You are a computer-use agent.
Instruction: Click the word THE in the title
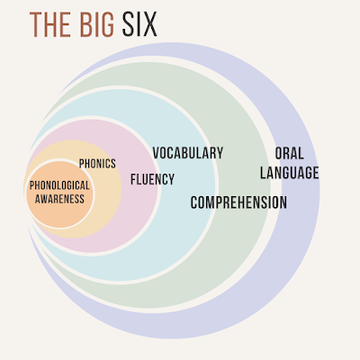click(51, 24)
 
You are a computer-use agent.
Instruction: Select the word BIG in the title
click(97, 24)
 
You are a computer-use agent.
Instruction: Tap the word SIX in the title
click(139, 24)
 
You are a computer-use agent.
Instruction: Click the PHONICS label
click(97, 164)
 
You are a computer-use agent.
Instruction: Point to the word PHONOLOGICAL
click(59, 185)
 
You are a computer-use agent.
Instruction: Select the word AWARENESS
click(59, 199)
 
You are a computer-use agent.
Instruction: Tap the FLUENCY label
click(152, 179)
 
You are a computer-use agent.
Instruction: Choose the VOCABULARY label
click(188, 153)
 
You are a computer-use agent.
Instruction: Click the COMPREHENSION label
click(238, 202)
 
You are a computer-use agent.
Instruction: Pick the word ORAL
click(290, 153)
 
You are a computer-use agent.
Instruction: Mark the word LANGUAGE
click(290, 173)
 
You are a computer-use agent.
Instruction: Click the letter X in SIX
click(150, 24)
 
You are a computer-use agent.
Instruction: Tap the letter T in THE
click(35, 24)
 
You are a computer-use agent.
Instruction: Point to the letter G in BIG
click(107, 24)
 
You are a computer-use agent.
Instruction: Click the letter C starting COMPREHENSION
click(194, 202)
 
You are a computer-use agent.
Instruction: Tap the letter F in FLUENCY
click(133, 179)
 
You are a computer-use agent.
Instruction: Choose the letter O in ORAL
click(279, 153)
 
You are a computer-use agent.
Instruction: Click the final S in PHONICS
click(113, 164)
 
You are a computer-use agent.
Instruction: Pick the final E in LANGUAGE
click(316, 173)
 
